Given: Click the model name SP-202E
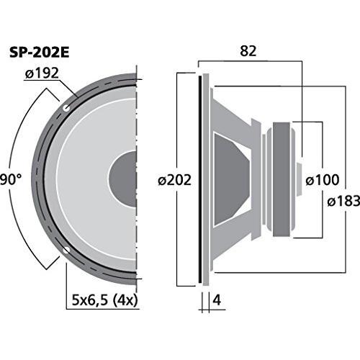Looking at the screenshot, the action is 40,53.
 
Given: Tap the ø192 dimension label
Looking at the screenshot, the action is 42,73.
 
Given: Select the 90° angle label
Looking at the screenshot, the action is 11,179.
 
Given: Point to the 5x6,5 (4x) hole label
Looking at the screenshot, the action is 105,300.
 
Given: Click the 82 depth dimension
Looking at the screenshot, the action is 248,51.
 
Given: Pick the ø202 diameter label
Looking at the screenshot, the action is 175,180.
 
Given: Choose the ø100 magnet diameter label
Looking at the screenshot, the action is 323,180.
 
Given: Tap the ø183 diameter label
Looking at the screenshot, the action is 343,201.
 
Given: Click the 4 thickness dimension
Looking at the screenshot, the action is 217,300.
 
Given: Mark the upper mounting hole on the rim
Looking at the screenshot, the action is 66,108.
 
